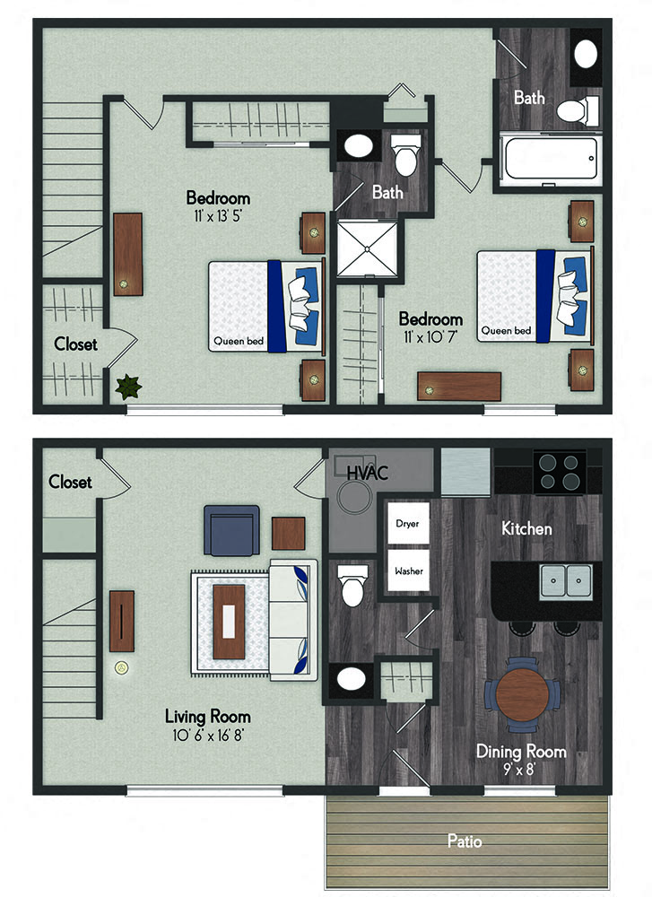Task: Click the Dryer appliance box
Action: point(408,523)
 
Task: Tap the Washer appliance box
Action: point(408,570)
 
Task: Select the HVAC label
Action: point(367,473)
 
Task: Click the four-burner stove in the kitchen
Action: point(560,472)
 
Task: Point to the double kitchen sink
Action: point(566,582)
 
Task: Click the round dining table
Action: point(522,694)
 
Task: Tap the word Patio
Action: point(465,841)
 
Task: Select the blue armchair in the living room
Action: point(231,530)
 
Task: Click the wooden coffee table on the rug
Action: point(229,622)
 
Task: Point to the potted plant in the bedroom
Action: point(128,387)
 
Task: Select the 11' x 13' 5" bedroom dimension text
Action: point(218,216)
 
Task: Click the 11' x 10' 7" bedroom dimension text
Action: point(430,337)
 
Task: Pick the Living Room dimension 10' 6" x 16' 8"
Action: point(207,735)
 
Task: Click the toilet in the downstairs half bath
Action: point(352,584)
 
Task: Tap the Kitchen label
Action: point(526,528)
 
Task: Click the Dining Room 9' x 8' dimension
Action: point(519,770)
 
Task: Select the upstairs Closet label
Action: point(75,344)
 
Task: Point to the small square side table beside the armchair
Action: point(288,533)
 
